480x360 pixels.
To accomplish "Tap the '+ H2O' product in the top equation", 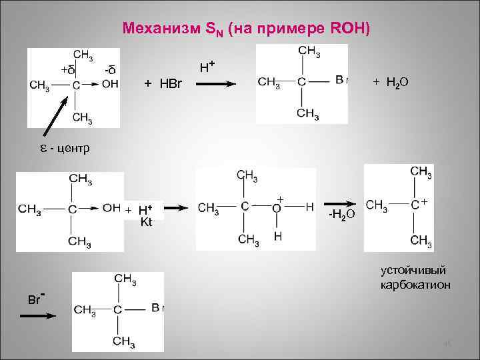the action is [x=391, y=82].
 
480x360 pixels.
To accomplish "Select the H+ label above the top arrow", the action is [x=207, y=65].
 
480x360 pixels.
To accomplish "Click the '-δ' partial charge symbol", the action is [x=110, y=70].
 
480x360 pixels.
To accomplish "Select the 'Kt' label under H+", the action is [x=147, y=222].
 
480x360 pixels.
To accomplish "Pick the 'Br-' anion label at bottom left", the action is [x=35, y=298].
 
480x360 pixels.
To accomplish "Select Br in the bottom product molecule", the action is [x=157, y=308].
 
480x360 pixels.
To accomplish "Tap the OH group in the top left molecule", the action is [x=110, y=84].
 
